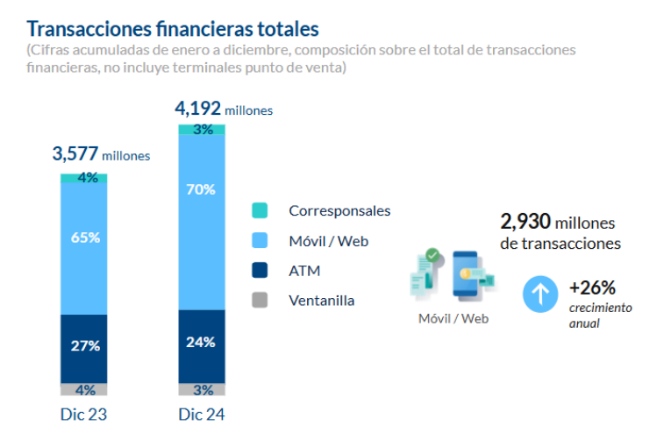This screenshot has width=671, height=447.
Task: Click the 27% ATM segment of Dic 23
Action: [x=84, y=347]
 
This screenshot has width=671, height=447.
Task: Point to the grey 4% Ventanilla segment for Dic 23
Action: [x=84, y=390]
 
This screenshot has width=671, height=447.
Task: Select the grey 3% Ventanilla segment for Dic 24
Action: [x=202, y=390]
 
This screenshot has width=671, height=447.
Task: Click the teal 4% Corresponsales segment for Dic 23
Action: [x=84, y=178]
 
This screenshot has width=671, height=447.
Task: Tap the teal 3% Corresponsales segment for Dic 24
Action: [x=202, y=130]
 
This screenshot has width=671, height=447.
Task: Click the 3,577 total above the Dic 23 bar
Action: [x=75, y=154]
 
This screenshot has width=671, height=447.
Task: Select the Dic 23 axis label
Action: [x=84, y=415]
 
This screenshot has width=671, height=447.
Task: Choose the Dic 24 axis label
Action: [x=202, y=415]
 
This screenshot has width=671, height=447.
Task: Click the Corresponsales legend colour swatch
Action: [x=259, y=210]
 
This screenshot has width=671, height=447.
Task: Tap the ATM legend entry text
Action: [x=304, y=271]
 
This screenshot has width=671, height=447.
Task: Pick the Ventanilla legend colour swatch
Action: [x=259, y=301]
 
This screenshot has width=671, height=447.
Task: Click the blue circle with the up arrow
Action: [x=540, y=294]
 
